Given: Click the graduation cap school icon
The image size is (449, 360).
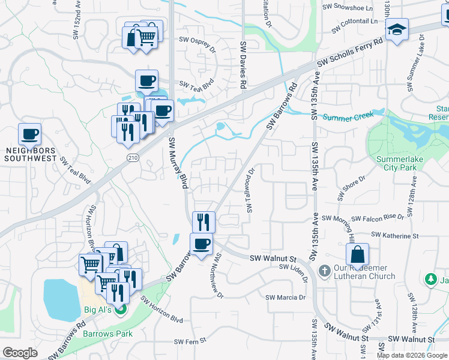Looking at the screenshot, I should [397, 29].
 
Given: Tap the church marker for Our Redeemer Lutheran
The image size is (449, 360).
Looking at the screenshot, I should [324, 271].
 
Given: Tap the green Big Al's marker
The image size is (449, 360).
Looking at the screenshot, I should [121, 310].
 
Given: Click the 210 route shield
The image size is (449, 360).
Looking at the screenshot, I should [133, 157].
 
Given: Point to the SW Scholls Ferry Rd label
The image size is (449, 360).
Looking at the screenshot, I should [349, 53].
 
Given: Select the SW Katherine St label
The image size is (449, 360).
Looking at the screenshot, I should [394, 235].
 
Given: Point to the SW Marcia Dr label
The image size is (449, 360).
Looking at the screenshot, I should [286, 298].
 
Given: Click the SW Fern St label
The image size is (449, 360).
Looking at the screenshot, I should [190, 341].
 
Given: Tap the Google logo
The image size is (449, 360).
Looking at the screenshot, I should [20, 353].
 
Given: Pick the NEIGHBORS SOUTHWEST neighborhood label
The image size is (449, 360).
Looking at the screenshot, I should [30, 154].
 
